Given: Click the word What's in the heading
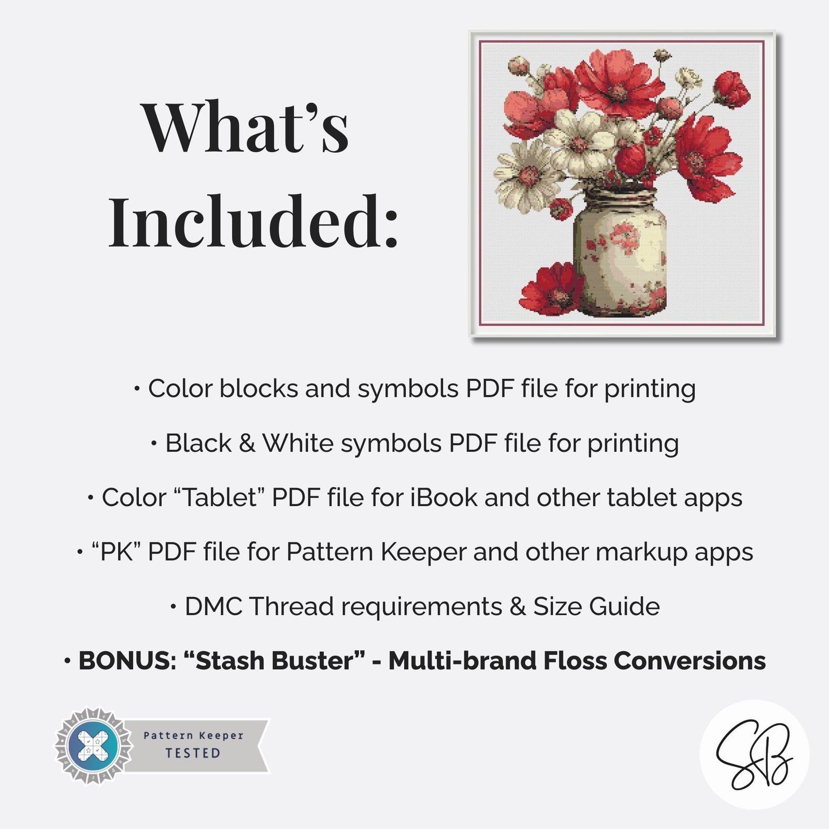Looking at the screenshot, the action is click(245, 127).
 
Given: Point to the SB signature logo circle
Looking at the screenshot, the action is click(754, 754).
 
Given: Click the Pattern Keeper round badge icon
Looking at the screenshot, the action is click(94, 746).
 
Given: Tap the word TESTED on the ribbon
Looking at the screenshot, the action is click(193, 753).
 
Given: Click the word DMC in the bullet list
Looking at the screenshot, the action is click(213, 606).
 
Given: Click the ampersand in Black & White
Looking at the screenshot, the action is click(247, 443).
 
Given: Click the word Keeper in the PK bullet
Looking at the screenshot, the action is click(423, 552).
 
